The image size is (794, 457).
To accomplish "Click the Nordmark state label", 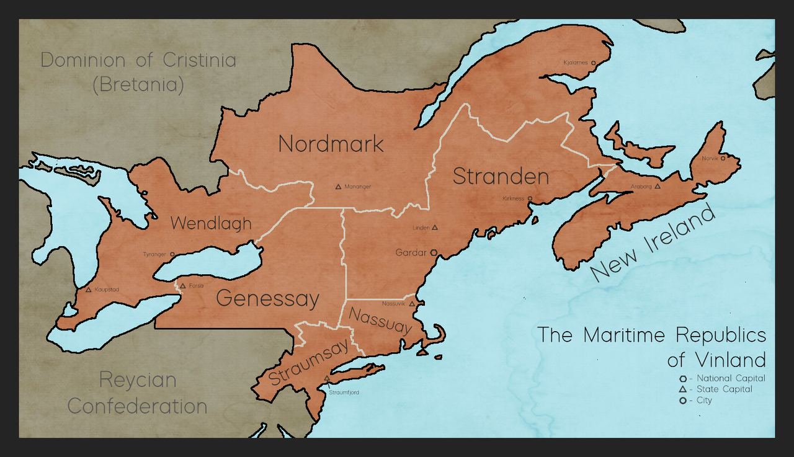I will point(331,144).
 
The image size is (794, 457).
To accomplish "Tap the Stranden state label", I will point(501,176).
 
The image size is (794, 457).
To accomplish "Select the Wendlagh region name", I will point(211,223).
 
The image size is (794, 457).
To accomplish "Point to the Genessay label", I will point(267,299).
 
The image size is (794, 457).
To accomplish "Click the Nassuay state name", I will point(380,321).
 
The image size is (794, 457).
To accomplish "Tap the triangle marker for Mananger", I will point(338,186).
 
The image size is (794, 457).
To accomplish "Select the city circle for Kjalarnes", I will point(594,63).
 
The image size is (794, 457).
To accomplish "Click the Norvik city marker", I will point(723,158).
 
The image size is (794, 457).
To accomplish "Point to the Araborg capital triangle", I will point(658,185).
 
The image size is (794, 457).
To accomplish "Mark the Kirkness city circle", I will point(530,198).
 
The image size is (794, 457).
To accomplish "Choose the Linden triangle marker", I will point(435,228).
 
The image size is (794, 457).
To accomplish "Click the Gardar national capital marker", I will point(434,252).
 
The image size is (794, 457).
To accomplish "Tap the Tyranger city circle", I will point(172,254).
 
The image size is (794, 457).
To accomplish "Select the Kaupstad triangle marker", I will point(89,289).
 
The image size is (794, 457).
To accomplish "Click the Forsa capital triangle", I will point(183,286).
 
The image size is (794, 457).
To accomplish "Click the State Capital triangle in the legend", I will point(682,389).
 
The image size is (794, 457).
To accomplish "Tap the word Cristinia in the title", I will point(199,60).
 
